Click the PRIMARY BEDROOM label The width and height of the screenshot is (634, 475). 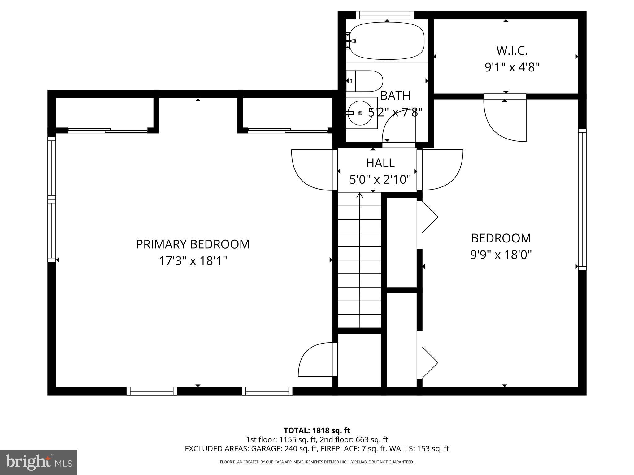tap(193, 244)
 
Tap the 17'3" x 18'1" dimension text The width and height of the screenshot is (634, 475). tap(193, 261)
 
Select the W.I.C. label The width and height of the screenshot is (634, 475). tap(512, 51)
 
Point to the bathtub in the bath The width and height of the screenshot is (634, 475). tap(387, 41)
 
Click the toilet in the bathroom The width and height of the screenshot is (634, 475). tap(365, 81)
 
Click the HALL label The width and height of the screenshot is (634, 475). tap(380, 163)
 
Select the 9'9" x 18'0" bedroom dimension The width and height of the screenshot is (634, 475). tap(501, 255)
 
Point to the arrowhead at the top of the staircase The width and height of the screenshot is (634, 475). tap(359, 195)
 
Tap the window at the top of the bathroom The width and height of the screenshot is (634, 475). tap(385, 15)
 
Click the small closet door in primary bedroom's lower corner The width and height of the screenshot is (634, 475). tap(316, 360)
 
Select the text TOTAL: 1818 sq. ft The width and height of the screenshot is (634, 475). tap(317, 430)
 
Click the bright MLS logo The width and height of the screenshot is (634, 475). tap(39, 462)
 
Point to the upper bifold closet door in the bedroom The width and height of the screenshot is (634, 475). tap(429, 217)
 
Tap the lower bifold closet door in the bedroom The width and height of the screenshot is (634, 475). tap(429, 362)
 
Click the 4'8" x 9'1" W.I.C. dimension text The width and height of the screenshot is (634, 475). tap(512, 67)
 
